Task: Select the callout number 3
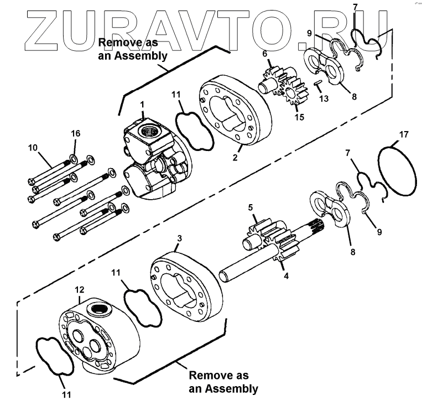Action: point(179,238)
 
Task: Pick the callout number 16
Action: point(75,133)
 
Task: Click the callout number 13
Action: point(324,99)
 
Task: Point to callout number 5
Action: point(250,208)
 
